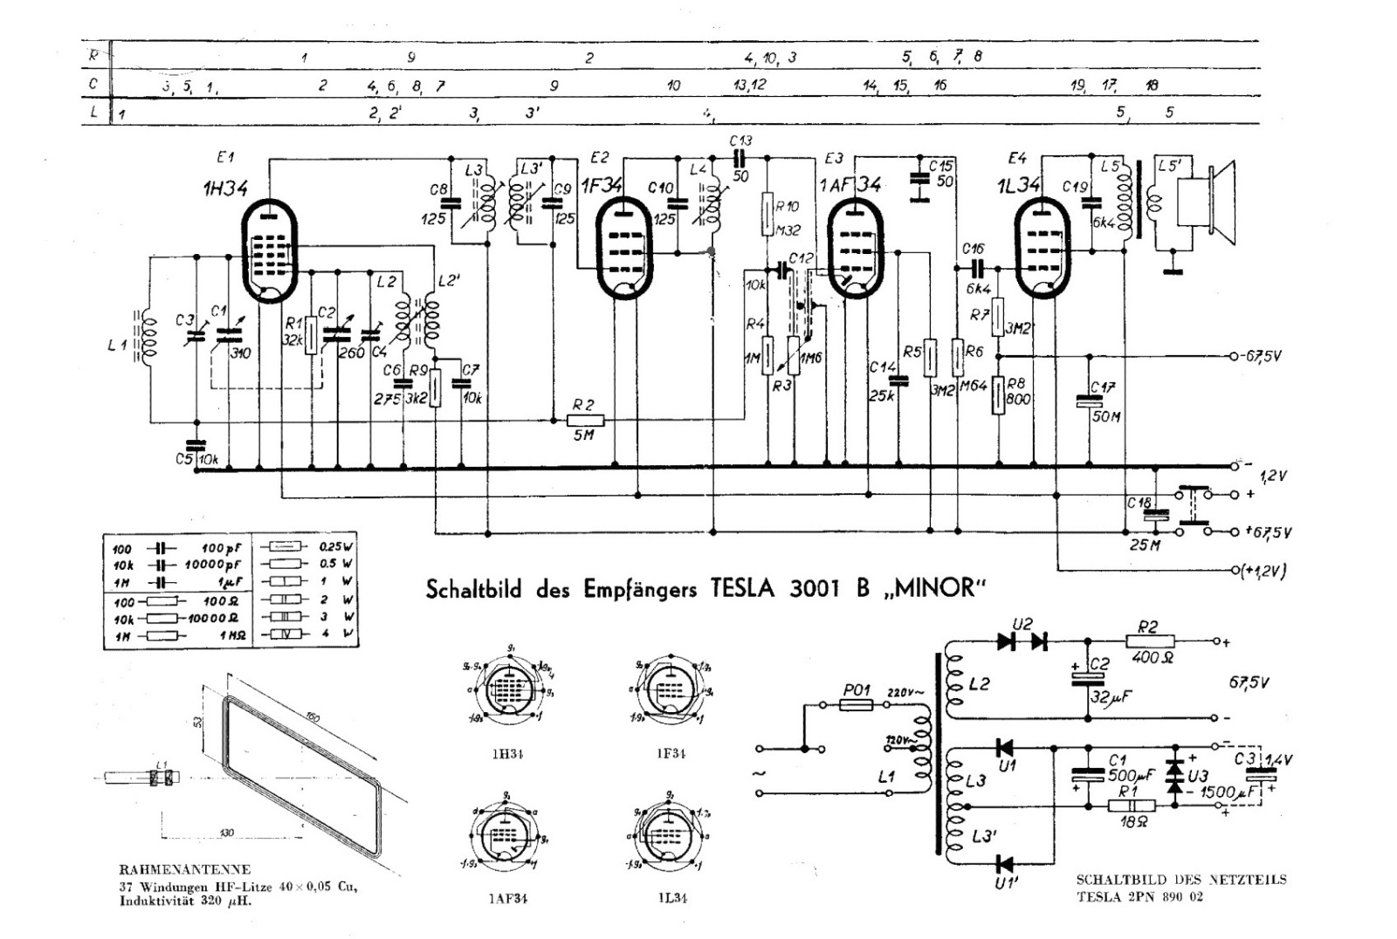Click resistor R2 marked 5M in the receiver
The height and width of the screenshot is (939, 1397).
(x=584, y=420)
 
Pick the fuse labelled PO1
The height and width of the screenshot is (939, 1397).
(x=857, y=703)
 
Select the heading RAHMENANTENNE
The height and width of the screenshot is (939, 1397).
(x=184, y=869)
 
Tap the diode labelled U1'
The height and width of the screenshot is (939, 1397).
(x=1004, y=865)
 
